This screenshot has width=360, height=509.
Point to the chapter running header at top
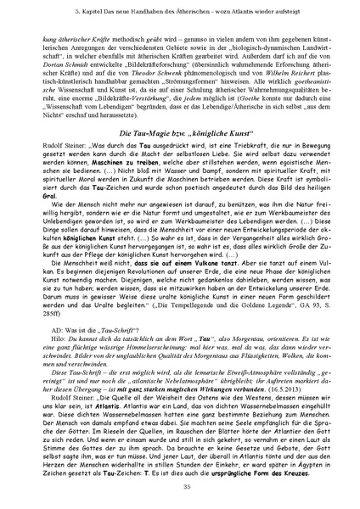(x=180, y=14)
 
